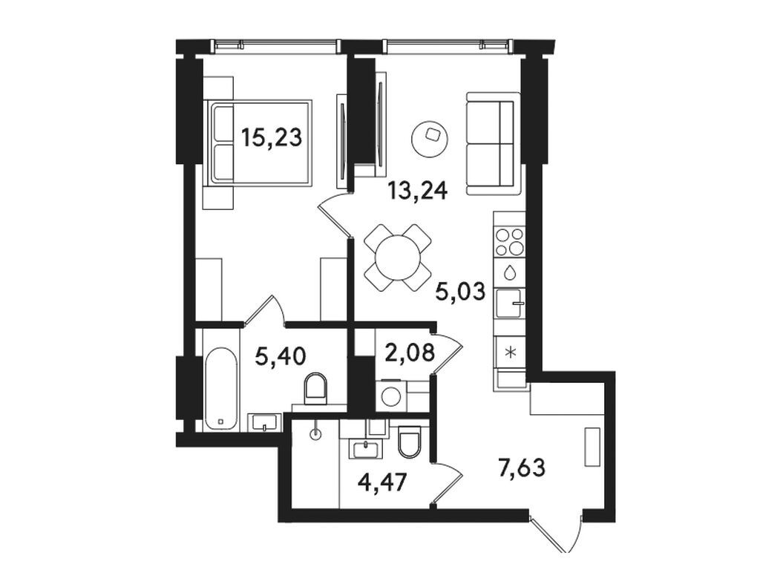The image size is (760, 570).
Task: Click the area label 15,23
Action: tap(272, 137)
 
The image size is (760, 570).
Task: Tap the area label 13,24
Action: tap(417, 191)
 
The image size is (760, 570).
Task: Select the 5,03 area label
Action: tap(460, 292)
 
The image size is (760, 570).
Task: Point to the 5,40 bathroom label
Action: tap(281, 357)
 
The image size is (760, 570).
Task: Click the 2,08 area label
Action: tap(410, 353)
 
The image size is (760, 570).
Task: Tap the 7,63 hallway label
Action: tap(522, 468)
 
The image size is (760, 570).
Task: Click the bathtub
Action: tap(220, 388)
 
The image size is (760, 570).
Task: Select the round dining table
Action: tap(399, 258)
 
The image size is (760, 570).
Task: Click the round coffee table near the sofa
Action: tap(430, 138)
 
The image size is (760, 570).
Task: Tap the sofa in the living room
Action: tap(490, 144)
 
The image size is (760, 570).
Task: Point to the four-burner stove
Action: tap(509, 241)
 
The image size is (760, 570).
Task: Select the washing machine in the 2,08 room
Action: tap(392, 396)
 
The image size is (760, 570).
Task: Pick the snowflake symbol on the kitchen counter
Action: tap(509, 353)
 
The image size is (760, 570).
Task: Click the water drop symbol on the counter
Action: tap(509, 272)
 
